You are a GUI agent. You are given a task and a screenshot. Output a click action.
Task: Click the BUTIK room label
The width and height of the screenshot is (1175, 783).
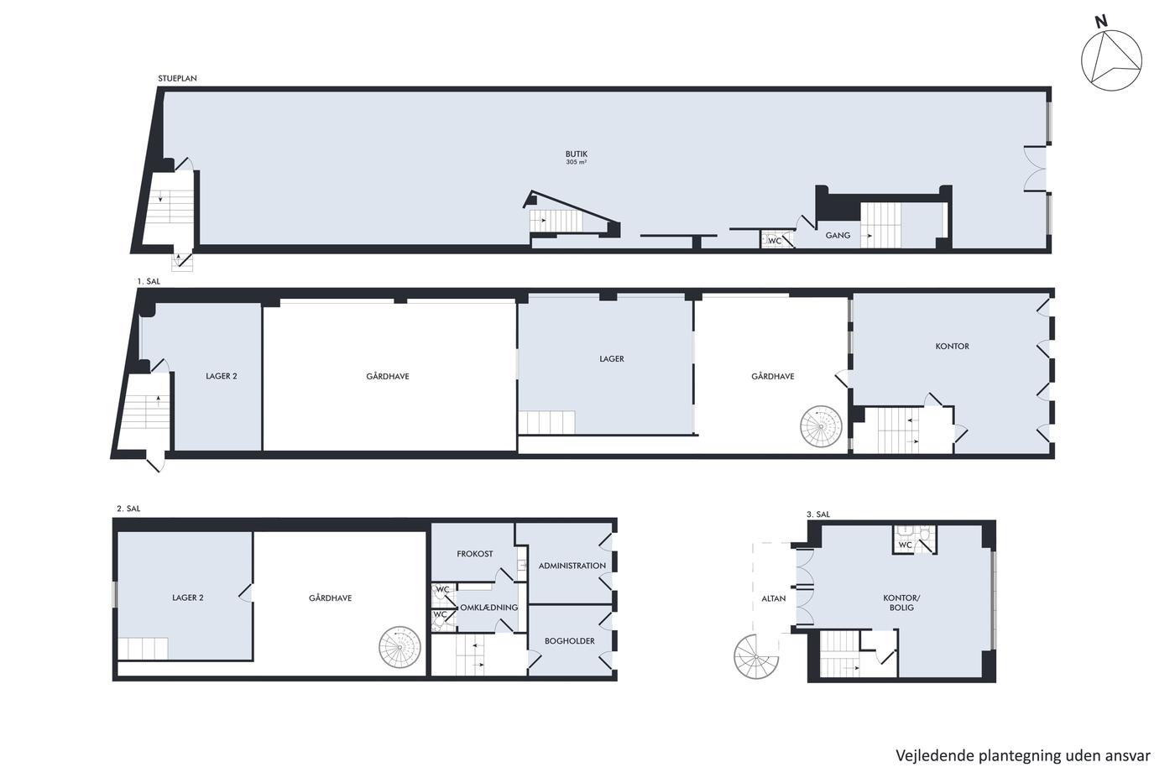[576, 154]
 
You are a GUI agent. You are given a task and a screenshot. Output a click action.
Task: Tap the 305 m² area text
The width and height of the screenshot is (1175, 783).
[576, 163]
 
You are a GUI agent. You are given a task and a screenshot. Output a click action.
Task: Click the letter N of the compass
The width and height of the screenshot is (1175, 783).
[1101, 22]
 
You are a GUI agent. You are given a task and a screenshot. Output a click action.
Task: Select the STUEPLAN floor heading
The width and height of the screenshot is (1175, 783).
[177, 78]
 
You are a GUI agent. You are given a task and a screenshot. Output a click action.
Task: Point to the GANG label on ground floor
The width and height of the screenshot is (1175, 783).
[838, 236]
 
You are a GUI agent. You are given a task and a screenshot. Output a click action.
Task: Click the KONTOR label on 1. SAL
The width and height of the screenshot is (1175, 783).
[952, 346]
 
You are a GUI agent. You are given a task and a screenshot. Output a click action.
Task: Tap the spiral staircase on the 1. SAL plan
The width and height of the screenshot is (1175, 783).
[821, 426]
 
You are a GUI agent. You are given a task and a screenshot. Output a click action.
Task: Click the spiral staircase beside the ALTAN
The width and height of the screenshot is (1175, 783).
[756, 657]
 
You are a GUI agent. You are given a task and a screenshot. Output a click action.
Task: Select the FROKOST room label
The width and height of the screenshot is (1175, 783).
[475, 554]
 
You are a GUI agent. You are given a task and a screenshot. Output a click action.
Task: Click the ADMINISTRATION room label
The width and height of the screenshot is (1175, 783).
[572, 566]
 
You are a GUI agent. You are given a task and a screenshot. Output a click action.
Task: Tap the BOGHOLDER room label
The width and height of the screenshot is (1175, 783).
[569, 641]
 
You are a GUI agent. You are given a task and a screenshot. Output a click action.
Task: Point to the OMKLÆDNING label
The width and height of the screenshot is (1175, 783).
[488, 608]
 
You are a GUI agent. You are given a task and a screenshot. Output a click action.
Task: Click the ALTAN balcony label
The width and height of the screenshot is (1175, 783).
[773, 598]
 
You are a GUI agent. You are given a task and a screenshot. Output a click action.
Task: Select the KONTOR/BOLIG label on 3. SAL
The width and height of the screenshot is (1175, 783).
[901, 603]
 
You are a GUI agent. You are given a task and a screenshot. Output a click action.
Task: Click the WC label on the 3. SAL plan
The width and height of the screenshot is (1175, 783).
[905, 545]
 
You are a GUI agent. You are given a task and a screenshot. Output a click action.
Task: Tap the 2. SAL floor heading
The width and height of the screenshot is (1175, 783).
[128, 509]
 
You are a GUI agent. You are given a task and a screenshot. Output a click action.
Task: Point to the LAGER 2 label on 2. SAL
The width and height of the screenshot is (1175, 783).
[187, 598]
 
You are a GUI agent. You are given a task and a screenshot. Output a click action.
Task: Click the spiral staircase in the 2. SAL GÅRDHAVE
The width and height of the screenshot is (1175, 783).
[399, 647]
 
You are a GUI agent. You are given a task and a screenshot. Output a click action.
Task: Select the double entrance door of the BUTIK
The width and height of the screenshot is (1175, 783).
[1036, 169]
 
